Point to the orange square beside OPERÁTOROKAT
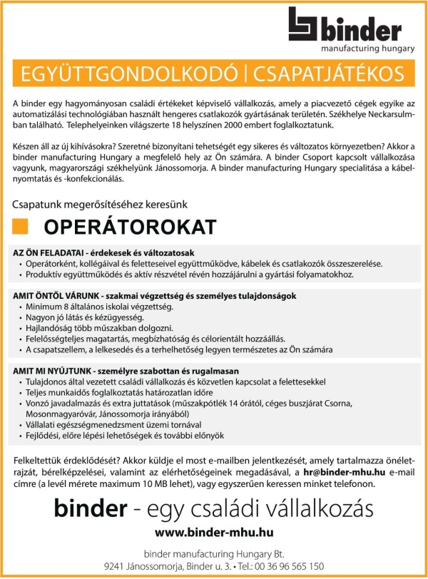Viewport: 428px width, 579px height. tap(21, 227)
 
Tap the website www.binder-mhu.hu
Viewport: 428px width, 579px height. tap(214, 532)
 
